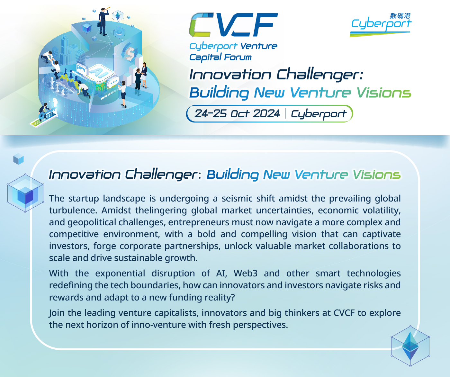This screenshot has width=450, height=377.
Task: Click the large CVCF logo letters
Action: [233, 25]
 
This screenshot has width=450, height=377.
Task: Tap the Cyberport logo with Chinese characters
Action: [381, 25]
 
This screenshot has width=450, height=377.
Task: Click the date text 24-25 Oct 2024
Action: [237, 113]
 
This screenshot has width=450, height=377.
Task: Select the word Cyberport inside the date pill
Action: [319, 114]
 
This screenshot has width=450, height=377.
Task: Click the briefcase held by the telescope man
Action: [99, 24]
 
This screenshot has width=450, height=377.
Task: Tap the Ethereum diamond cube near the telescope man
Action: [118, 16]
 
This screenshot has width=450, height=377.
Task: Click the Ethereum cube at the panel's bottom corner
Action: [410, 346]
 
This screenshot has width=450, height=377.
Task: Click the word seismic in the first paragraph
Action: [237, 199]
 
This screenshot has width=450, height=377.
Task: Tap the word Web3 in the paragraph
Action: [246, 273]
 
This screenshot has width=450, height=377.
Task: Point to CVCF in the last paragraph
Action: [344, 313]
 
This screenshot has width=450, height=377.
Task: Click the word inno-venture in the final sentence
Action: [158, 325]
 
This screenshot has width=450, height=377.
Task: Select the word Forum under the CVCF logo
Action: [238, 57]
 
